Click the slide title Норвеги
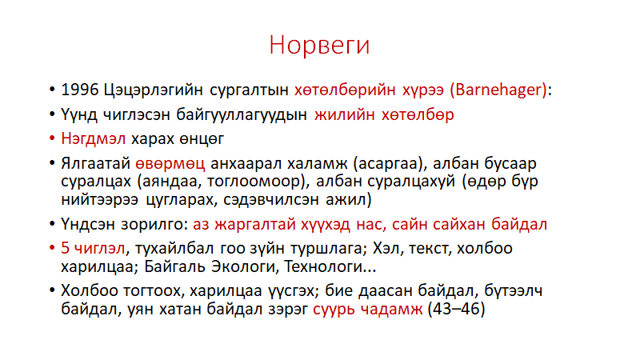click(319, 45)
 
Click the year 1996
click(79, 90)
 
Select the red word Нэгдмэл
click(93, 138)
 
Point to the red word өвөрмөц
click(170, 164)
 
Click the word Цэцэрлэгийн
click(153, 90)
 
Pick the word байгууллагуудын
click(242, 114)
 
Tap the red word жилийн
click(345, 114)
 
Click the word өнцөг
click(202, 139)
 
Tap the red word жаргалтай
click(255, 225)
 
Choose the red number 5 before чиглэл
click(66, 248)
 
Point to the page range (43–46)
click(456, 309)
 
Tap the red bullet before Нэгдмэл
click(52, 138)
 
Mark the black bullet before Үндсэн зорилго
click(52, 224)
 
